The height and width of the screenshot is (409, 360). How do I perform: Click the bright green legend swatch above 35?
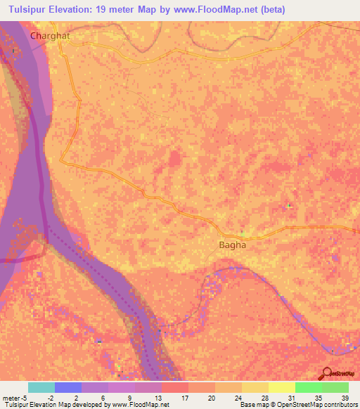pos(309,387)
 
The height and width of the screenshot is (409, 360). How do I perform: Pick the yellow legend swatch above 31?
pos(282,387)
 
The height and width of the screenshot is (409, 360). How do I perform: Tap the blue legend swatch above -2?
pos(68,387)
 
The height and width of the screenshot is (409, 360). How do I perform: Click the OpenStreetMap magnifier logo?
pos(326,373)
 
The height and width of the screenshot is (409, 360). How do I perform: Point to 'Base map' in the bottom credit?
pos(254,405)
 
